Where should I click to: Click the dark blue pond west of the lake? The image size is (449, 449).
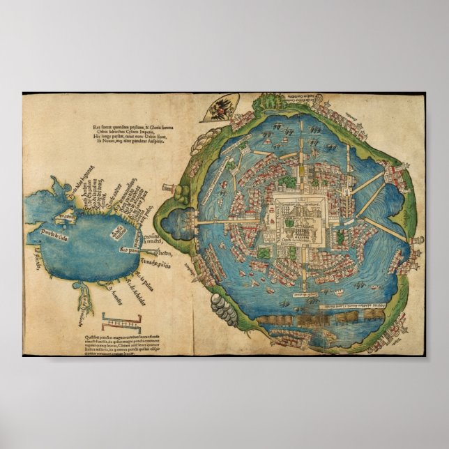(x=177, y=223)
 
